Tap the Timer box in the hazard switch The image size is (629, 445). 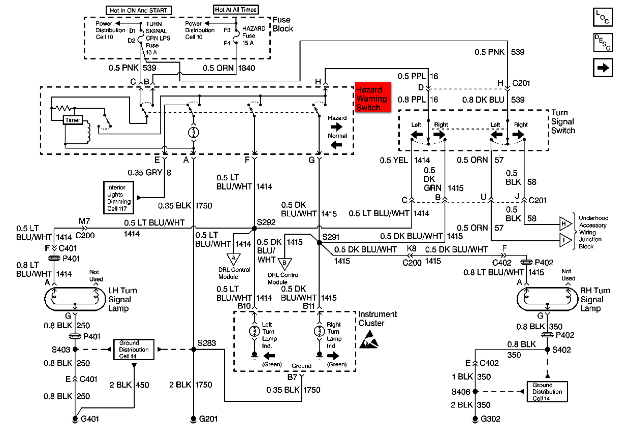tap(73, 120)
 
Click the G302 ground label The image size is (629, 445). tap(491, 420)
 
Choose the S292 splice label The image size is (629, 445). tap(266, 222)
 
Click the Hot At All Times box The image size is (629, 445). tap(236, 10)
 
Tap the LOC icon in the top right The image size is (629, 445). tap(603, 17)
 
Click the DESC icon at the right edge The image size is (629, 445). tap(603, 42)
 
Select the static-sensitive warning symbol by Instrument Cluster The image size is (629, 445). tap(369, 341)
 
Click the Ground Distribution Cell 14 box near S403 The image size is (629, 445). tap(134, 349)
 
